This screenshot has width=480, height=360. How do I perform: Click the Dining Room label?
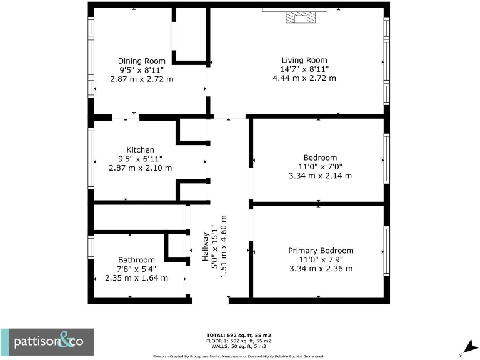(x=141, y=61)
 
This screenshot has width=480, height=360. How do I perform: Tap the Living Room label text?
(x=304, y=60)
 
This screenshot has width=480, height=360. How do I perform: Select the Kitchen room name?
(x=141, y=150)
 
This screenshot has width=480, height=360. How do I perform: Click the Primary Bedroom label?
(x=321, y=251)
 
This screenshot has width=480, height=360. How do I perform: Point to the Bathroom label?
(x=136, y=260)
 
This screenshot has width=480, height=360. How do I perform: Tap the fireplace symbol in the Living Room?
(x=301, y=17)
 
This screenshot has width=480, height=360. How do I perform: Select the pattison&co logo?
(x=47, y=342)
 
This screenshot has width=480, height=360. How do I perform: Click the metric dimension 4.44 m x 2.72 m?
(x=304, y=79)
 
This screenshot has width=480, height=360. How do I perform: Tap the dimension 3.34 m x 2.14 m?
(x=320, y=176)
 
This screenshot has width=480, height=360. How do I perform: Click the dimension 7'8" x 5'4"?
(x=136, y=269)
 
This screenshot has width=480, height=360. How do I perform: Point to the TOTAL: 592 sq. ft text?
(x=239, y=336)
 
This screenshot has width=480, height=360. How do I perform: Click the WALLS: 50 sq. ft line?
(x=239, y=346)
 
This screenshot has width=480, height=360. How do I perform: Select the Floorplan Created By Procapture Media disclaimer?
(x=239, y=356)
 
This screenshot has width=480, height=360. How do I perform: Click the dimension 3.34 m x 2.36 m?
(x=321, y=269)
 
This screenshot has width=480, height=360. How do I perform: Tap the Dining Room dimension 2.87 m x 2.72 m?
(x=141, y=79)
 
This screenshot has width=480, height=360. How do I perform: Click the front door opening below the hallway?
(x=211, y=301)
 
